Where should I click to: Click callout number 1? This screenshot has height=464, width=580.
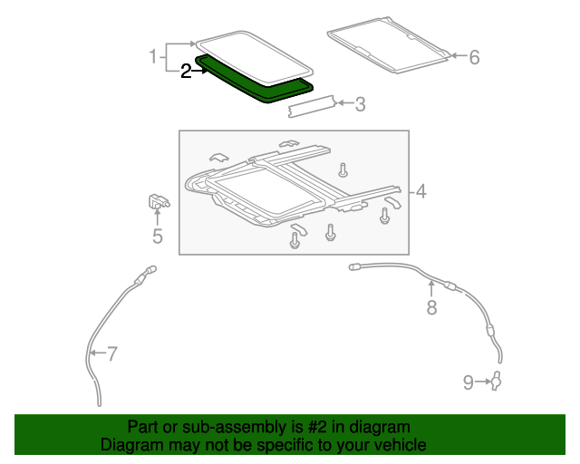click(154, 57)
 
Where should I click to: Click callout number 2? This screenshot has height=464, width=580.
click(186, 71)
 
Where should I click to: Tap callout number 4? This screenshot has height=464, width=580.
click(420, 191)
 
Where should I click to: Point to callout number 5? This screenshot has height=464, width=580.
click(157, 237)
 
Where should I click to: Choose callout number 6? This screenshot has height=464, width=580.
click(474, 57)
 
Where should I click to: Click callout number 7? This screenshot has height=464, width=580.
click(111, 353)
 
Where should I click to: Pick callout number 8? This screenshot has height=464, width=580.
click(431, 308)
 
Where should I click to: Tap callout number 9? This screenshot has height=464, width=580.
click(469, 382)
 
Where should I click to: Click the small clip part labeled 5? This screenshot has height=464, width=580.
click(157, 204)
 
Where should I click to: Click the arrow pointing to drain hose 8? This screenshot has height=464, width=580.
click(431, 289)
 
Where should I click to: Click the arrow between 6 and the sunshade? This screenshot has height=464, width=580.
click(457, 56)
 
